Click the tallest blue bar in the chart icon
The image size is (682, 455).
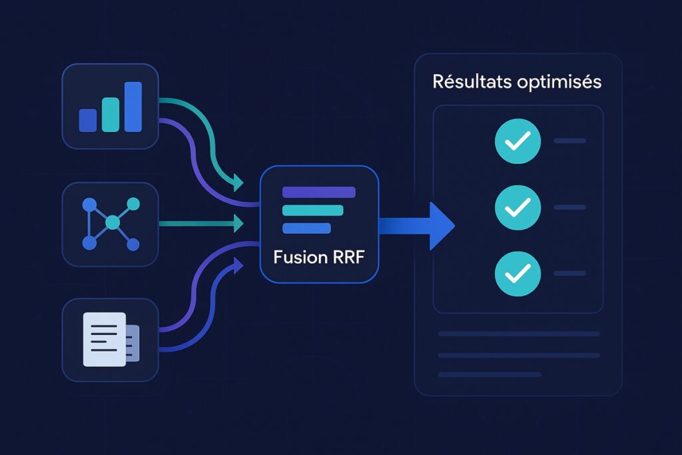(x=133, y=107)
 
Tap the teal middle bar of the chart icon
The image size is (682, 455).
(x=111, y=115)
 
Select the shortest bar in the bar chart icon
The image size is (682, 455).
(x=88, y=120)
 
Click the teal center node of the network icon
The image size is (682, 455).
(x=113, y=221)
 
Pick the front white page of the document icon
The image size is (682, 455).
(x=103, y=339)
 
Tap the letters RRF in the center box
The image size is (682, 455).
(x=346, y=257)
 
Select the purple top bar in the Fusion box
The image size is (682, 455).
(x=319, y=193)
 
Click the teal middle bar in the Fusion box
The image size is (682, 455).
(x=312, y=211)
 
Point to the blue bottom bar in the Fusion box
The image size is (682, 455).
(x=306, y=228)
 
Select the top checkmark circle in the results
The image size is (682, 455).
(x=517, y=141)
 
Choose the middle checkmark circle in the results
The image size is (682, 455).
(x=517, y=207)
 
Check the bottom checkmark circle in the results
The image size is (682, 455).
(x=517, y=273)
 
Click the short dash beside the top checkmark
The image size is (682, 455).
(x=569, y=141)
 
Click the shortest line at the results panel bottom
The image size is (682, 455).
(x=490, y=374)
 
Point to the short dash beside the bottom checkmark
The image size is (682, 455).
(x=569, y=273)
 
